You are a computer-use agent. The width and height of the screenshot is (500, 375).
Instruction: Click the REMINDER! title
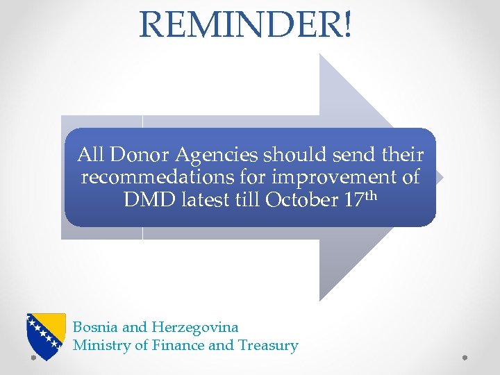click(246, 24)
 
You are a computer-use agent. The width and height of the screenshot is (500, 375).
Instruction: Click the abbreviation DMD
click(147, 200)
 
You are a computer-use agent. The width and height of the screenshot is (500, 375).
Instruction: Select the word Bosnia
click(94, 326)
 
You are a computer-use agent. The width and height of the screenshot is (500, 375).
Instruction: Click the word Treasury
click(268, 345)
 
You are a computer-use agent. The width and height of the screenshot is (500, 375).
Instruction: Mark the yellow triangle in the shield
click(53, 331)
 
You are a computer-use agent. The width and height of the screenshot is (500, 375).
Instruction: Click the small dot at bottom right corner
click(465, 358)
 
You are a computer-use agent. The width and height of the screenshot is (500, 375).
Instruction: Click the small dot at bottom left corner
click(33, 358)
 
